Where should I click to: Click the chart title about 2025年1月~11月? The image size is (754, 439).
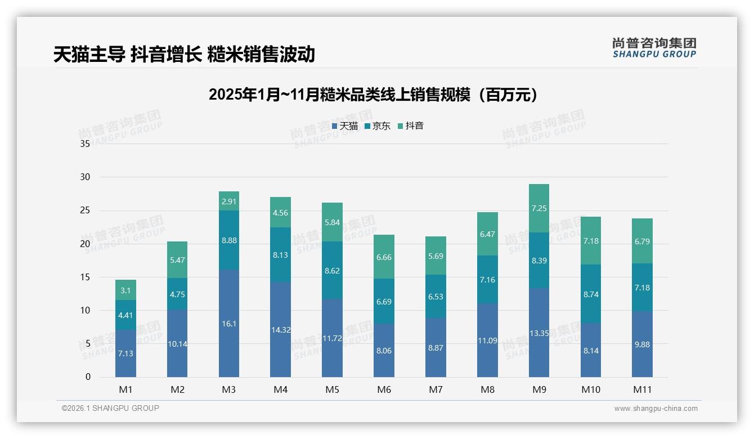(x=372, y=95)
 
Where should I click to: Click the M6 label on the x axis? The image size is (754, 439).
(x=384, y=389)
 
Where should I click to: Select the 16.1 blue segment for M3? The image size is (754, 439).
(x=229, y=324)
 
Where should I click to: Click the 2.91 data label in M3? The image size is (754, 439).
(x=229, y=201)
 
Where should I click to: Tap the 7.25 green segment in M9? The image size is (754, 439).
(x=539, y=208)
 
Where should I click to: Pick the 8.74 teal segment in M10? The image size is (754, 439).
(x=591, y=294)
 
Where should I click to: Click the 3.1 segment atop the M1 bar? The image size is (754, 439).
(x=125, y=290)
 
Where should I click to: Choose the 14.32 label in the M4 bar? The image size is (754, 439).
(x=280, y=330)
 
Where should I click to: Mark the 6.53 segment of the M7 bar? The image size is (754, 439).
(x=436, y=297)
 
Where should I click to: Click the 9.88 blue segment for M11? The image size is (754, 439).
(x=642, y=344)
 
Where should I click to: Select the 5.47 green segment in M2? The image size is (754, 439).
(x=177, y=260)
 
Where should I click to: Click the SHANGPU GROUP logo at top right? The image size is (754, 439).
(x=654, y=48)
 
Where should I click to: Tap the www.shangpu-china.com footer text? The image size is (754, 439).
(x=656, y=409)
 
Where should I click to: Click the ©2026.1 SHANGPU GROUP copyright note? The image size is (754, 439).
(x=110, y=408)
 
